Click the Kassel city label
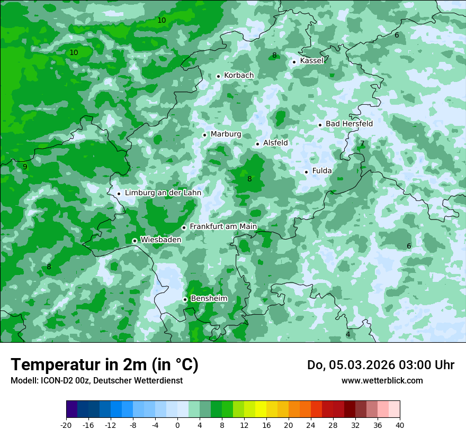[311, 61]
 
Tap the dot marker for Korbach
[218, 76]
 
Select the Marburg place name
[226, 134]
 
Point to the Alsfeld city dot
[257, 144]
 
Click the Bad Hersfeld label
[349, 124]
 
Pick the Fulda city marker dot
[306, 172]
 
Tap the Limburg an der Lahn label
[163, 193]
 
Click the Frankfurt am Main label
[223, 227]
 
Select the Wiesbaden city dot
[135, 241]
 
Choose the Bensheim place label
[209, 299]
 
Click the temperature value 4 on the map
[348, 334]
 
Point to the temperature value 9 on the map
[25, 167]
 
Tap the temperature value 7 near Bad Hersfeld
[362, 143]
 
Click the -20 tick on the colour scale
[66, 425]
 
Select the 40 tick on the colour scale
[399, 425]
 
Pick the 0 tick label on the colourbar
[177, 425]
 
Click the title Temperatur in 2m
[104, 365]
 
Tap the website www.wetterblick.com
[382, 381]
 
